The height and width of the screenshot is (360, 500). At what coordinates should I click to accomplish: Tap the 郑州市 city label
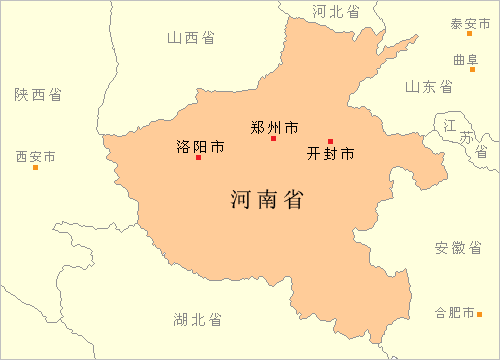274,127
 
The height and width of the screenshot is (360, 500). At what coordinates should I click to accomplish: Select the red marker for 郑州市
273,138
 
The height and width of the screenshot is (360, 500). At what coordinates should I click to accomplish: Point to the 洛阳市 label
198,146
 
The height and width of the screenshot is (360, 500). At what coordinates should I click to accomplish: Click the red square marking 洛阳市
198,157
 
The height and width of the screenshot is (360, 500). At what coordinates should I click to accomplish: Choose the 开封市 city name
331,154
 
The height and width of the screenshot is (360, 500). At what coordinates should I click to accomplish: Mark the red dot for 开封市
330,141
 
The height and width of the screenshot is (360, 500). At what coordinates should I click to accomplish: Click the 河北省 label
335,11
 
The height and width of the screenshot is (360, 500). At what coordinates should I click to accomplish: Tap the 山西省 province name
191,37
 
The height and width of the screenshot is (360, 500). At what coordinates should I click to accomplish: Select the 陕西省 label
38,94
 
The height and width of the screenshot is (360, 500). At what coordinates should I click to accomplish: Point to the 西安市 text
36,157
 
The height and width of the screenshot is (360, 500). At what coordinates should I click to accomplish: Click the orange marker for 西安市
36,167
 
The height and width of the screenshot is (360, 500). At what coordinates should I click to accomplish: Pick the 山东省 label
428,87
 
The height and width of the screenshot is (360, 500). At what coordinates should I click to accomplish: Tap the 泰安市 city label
469,23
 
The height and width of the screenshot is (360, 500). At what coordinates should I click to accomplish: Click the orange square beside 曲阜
472,69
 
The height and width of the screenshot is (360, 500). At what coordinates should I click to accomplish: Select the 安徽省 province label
458,247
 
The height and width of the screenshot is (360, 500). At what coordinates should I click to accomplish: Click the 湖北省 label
197,319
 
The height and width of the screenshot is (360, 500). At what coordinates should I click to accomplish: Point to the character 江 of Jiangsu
450,123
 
